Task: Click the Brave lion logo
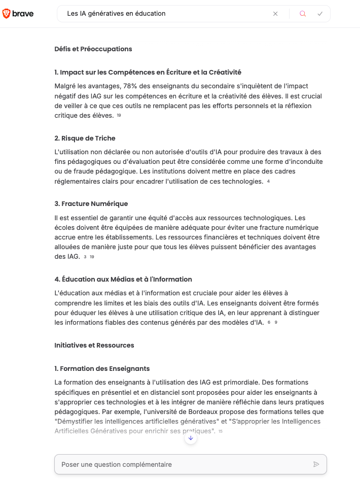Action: click(x=7, y=14)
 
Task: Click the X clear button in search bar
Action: click(x=275, y=14)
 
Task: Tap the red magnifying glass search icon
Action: click(x=303, y=14)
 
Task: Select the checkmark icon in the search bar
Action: click(x=320, y=14)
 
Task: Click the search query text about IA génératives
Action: click(x=116, y=14)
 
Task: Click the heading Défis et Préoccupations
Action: click(x=93, y=49)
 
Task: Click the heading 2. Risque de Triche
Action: click(x=85, y=138)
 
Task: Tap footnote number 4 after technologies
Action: click(x=268, y=182)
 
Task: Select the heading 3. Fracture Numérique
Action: click(x=91, y=204)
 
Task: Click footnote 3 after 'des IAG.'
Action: click(x=85, y=257)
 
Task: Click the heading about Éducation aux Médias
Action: click(x=123, y=280)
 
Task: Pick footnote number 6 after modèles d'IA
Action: click(x=269, y=323)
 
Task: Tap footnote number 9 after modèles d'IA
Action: click(x=276, y=323)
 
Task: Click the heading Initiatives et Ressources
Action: click(x=94, y=346)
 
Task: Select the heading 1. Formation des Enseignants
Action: click(x=102, y=369)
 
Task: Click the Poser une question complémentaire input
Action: click(x=183, y=464)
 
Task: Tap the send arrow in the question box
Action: click(x=316, y=464)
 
